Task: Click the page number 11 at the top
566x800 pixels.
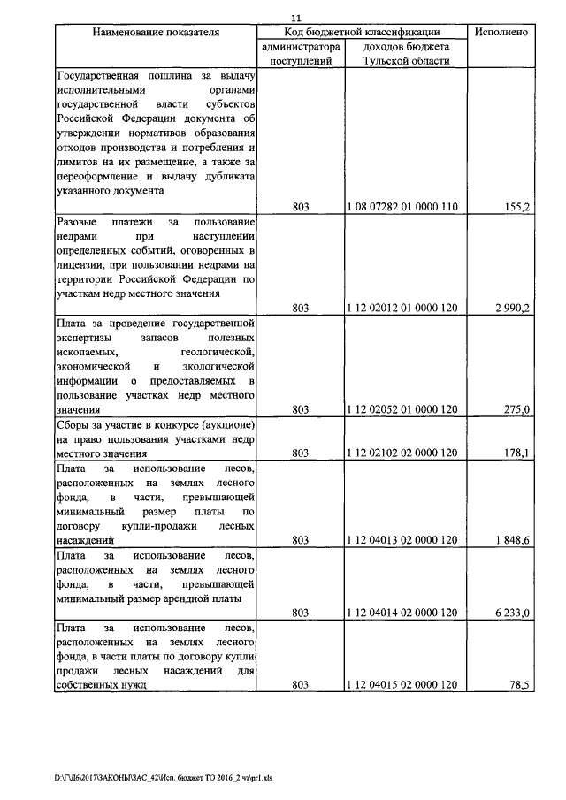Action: tap(296, 17)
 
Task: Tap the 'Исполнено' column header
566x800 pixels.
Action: tap(501, 32)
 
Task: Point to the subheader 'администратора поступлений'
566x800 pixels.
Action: tap(301, 53)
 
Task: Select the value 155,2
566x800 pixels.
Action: tap(515, 207)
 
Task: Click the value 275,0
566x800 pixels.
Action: tap(515, 409)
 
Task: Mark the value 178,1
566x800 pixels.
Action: tap(515, 453)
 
